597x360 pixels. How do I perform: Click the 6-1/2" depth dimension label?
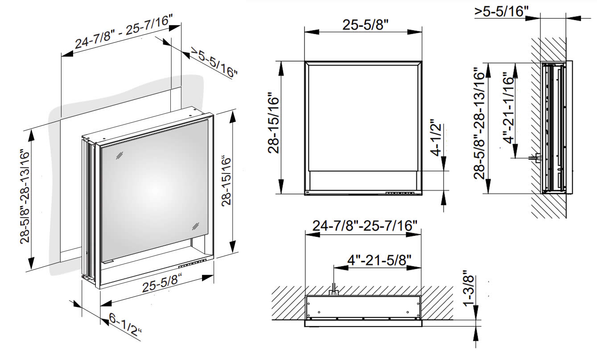point(126,325)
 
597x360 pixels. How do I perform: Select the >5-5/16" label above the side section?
point(502,11)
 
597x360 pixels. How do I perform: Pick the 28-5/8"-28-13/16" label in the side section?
point(480,123)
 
